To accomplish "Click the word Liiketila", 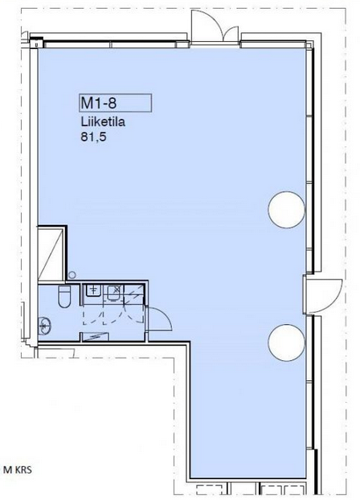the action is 102,122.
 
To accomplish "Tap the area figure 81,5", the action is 93,137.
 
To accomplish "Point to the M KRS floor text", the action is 18,469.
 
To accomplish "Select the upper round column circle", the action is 286,210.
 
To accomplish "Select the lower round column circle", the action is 286,342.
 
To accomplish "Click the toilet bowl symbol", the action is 64,297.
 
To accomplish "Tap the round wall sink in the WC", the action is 44,326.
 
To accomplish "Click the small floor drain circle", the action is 72,275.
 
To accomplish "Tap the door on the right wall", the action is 323,295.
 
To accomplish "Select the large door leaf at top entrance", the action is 206,26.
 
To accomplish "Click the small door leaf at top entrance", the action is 230,34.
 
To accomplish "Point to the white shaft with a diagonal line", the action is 51,254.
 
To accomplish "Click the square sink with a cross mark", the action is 93,290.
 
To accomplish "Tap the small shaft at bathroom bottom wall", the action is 95,337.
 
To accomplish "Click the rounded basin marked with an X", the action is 114,293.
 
